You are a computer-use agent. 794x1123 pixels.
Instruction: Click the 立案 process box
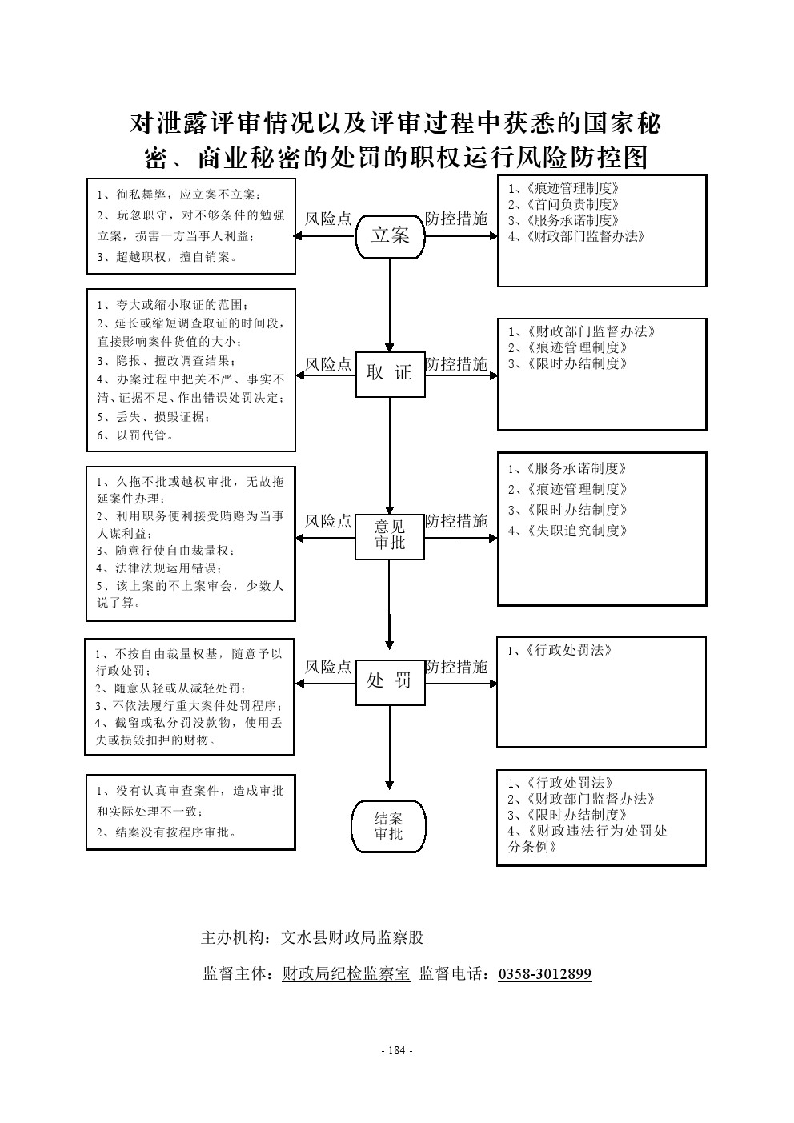pyautogui.click(x=390, y=235)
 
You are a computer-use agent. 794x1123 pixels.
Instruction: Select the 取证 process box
pyautogui.click(x=390, y=373)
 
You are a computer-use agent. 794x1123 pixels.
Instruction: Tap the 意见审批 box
pyautogui.click(x=390, y=535)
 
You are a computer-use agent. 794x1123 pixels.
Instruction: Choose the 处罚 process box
pyautogui.click(x=389, y=681)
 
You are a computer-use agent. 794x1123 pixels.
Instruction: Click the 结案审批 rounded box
pyautogui.click(x=389, y=827)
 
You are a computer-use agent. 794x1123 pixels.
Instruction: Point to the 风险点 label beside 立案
pyautogui.click(x=328, y=219)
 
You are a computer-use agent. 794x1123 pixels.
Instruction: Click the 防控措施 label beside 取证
pyautogui.click(x=456, y=365)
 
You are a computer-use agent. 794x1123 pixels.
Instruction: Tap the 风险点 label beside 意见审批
pyautogui.click(x=328, y=522)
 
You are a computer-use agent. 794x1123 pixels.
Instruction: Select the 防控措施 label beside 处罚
pyautogui.click(x=456, y=667)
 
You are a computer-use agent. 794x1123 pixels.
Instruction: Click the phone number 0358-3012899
pyautogui.click(x=545, y=974)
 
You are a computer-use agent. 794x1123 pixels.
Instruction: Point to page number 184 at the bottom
pyautogui.click(x=397, y=1051)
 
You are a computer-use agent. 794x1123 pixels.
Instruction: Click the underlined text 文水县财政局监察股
pyautogui.click(x=351, y=938)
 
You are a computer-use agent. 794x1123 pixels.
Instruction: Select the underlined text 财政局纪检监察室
pyautogui.click(x=346, y=974)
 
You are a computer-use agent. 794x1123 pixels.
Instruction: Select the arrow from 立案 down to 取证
pyautogui.click(x=390, y=304)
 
